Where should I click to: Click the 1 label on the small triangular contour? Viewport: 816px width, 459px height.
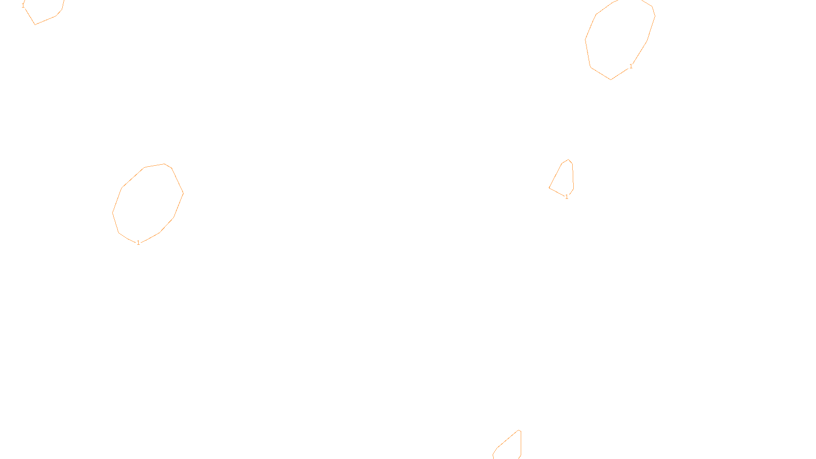click(567, 197)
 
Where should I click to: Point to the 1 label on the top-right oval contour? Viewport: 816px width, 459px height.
click(631, 66)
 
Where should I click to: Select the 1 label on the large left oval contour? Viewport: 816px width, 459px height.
click(138, 243)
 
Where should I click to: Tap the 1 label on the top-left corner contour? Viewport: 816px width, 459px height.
click(23, 5)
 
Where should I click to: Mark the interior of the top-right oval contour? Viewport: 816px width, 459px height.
click(620, 38)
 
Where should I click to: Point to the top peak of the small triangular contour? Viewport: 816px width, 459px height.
click(568, 160)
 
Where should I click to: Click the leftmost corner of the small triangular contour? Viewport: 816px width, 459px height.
click(549, 188)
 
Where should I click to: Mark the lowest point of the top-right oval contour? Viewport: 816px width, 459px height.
click(611, 80)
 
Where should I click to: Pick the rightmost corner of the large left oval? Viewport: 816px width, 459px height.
click(183, 193)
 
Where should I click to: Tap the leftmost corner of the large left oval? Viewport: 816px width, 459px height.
click(112, 213)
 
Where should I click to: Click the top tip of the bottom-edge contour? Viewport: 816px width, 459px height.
click(519, 430)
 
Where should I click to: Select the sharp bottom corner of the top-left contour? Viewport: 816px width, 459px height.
click(35, 24)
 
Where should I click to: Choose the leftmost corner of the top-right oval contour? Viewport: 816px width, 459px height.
click(585, 39)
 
